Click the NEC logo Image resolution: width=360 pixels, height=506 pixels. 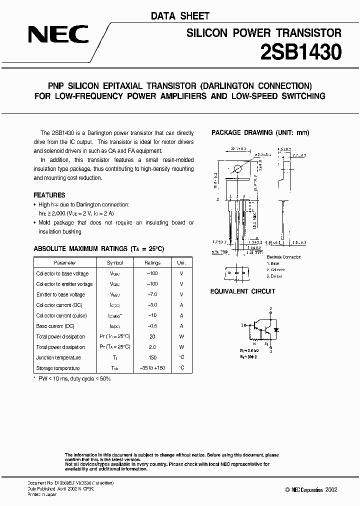tap(58, 35)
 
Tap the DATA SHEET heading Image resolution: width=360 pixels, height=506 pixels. tap(180, 16)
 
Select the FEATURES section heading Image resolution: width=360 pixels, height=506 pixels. tap(49, 195)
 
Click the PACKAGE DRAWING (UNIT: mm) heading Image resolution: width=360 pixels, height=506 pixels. tap(260, 132)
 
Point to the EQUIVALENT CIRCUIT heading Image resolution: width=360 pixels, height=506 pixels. tap(242, 291)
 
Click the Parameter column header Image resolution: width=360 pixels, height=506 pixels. tap(65, 262)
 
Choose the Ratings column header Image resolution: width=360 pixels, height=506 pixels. tap(152, 262)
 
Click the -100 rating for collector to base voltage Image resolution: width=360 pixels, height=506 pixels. tap(152, 273)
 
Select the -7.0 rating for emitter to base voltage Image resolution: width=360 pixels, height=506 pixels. tap(152, 294)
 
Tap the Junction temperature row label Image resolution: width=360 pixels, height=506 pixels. tap(58, 357)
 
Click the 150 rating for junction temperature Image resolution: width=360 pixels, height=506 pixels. tap(152, 357)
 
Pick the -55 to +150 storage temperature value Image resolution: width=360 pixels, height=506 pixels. tap(152, 368)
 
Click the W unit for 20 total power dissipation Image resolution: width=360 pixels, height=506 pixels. tap(181, 336)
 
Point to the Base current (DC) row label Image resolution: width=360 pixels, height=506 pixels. tap(56, 326)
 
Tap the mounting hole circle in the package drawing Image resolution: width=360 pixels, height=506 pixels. tap(238, 169)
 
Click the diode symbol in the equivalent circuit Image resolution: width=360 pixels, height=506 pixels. tap(277, 330)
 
